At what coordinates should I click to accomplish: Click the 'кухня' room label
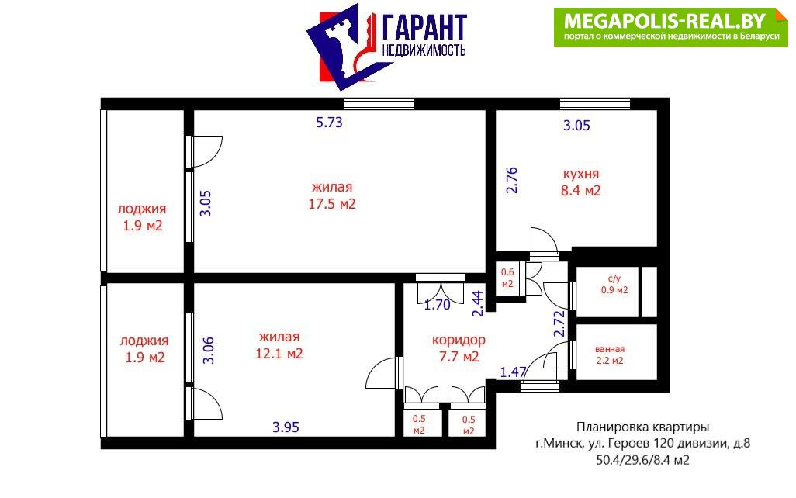[x=581, y=174]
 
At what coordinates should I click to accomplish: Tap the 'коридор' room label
[x=459, y=341]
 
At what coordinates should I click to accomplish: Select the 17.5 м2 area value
[x=332, y=204]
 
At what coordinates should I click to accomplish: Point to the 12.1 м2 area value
[x=279, y=353]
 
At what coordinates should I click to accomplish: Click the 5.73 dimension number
[x=329, y=123]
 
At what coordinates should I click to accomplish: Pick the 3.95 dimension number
[x=286, y=427]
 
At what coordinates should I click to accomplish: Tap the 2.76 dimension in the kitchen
[x=512, y=180]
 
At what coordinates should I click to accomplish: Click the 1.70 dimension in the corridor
[x=437, y=305]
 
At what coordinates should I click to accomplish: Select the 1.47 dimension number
[x=514, y=372]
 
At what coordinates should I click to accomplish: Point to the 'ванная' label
[x=610, y=349]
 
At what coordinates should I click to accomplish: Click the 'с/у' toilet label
[x=614, y=278]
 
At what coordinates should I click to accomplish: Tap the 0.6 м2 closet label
[x=507, y=278]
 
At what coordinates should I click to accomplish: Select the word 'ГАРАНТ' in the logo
[x=424, y=27]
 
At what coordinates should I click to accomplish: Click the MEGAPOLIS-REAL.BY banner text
[x=665, y=21]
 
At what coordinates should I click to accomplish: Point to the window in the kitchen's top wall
[x=595, y=104]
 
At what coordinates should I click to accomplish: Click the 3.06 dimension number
[x=209, y=351]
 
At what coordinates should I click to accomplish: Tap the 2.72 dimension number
[x=559, y=324]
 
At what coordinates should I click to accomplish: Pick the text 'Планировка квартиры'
[x=642, y=427]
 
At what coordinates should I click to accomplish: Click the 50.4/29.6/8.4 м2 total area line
[x=642, y=461]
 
